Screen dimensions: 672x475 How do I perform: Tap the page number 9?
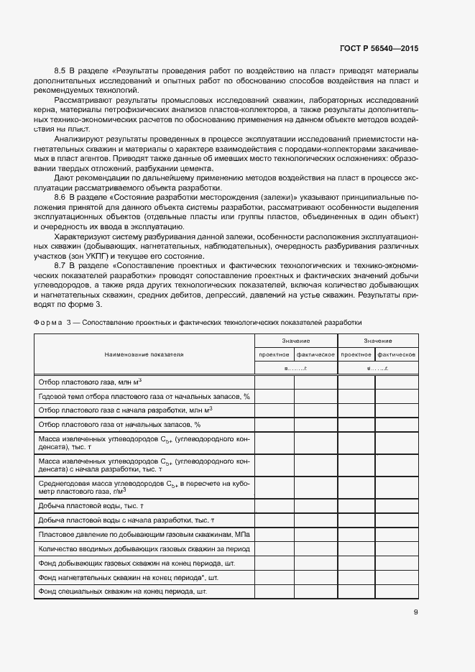click(x=415, y=612)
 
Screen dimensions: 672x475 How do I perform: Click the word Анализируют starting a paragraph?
click(x=79, y=137)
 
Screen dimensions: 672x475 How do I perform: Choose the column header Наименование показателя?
click(x=144, y=354)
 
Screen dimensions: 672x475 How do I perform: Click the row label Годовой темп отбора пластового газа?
click(x=143, y=396)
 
